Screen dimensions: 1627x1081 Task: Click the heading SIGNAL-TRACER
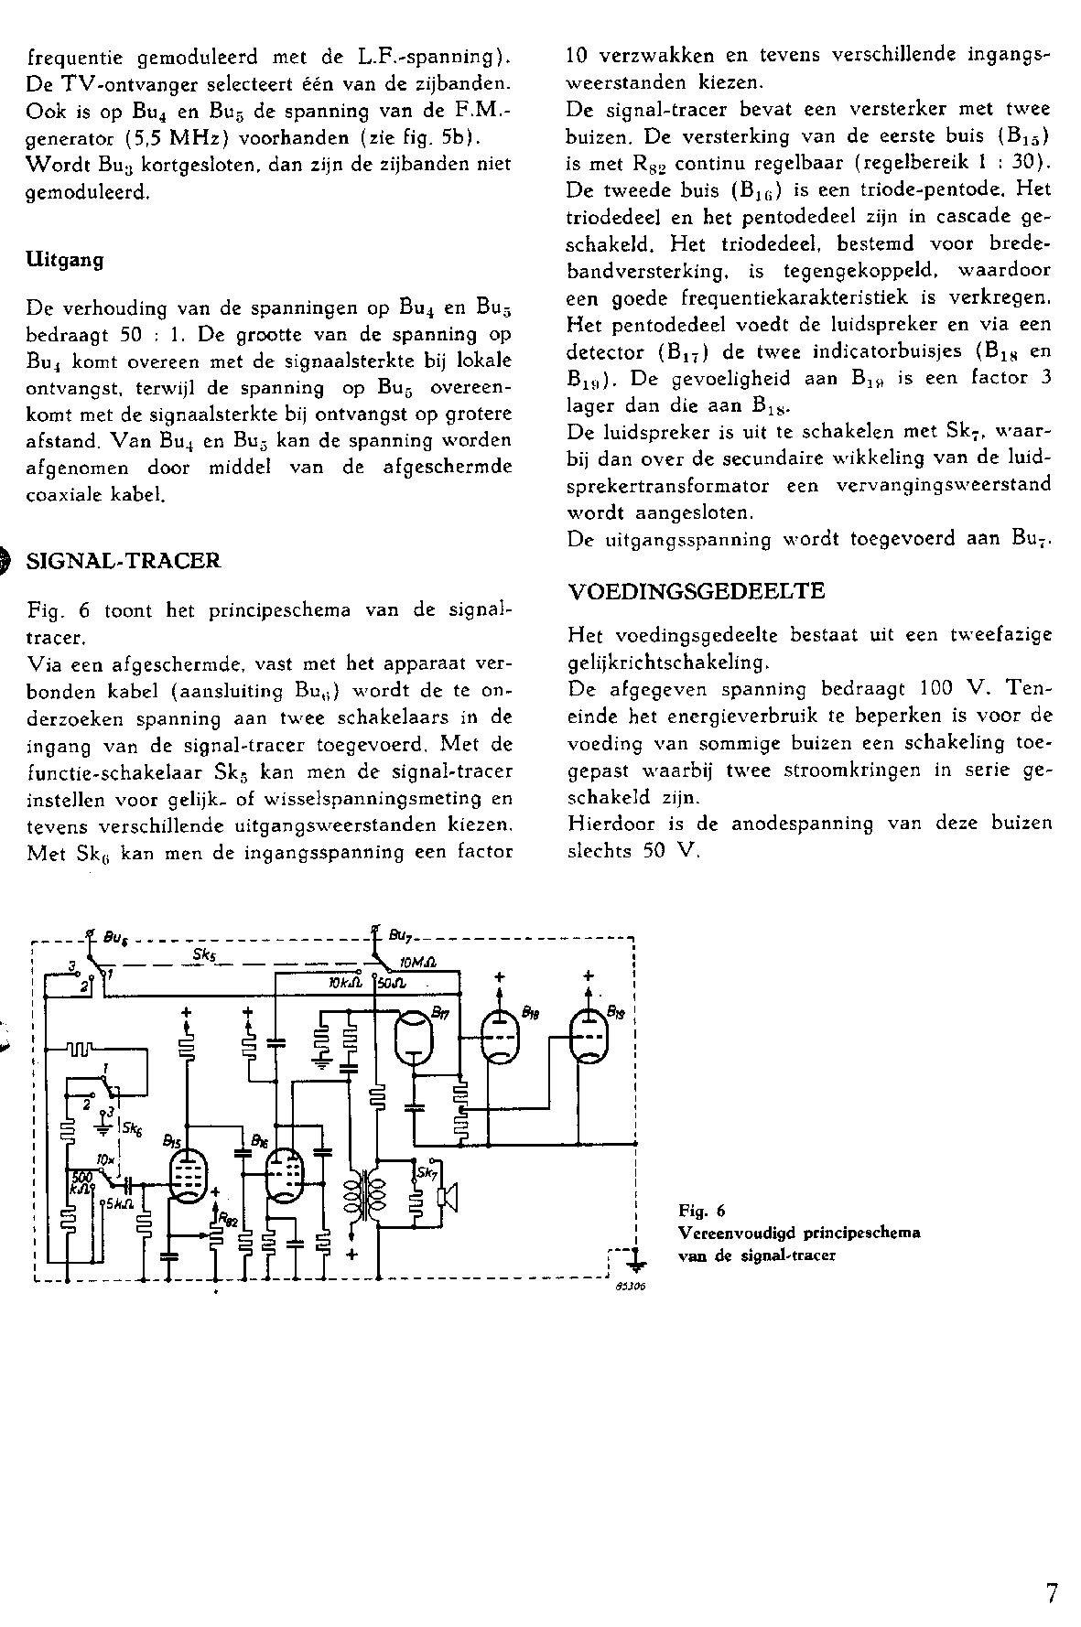coord(125,561)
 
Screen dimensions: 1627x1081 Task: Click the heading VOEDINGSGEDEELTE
coord(697,591)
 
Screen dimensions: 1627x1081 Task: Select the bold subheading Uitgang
coord(65,259)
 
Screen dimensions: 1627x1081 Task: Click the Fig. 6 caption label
coord(702,1212)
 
